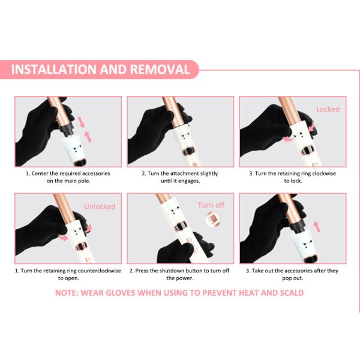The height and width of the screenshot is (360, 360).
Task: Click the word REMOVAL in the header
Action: coord(156,70)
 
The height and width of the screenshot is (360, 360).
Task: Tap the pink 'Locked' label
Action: coord(328,109)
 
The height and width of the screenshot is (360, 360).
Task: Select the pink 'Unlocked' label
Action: coord(100,206)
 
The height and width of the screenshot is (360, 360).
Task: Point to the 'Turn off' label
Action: coord(211,205)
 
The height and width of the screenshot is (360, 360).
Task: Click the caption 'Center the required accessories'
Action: coord(67,173)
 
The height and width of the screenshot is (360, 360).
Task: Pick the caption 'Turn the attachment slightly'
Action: coord(179,173)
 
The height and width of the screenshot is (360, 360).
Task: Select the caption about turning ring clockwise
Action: coord(292,173)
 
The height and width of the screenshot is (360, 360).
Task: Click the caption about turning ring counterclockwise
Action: coord(67,271)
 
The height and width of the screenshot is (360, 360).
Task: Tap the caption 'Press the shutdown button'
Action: coord(179,271)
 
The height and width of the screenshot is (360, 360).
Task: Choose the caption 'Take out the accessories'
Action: coord(292,271)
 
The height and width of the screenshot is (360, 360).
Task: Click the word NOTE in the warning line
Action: coord(71,293)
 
